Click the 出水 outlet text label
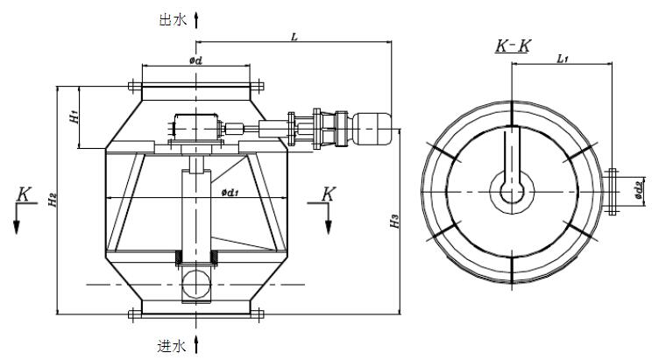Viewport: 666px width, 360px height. [173, 18]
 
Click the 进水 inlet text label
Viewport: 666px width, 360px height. [173, 347]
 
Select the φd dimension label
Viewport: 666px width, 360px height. [196, 60]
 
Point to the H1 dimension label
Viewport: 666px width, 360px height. [75, 116]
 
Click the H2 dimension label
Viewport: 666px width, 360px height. [53, 200]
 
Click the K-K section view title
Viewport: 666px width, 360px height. [513, 46]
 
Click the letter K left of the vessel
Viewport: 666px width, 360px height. [23, 194]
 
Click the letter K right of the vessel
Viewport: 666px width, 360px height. [327, 194]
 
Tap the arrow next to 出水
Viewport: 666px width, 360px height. [196, 18]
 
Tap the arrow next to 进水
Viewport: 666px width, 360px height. [196, 344]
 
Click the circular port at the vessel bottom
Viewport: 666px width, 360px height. [196, 284]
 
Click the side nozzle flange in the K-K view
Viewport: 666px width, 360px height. [613, 190]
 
